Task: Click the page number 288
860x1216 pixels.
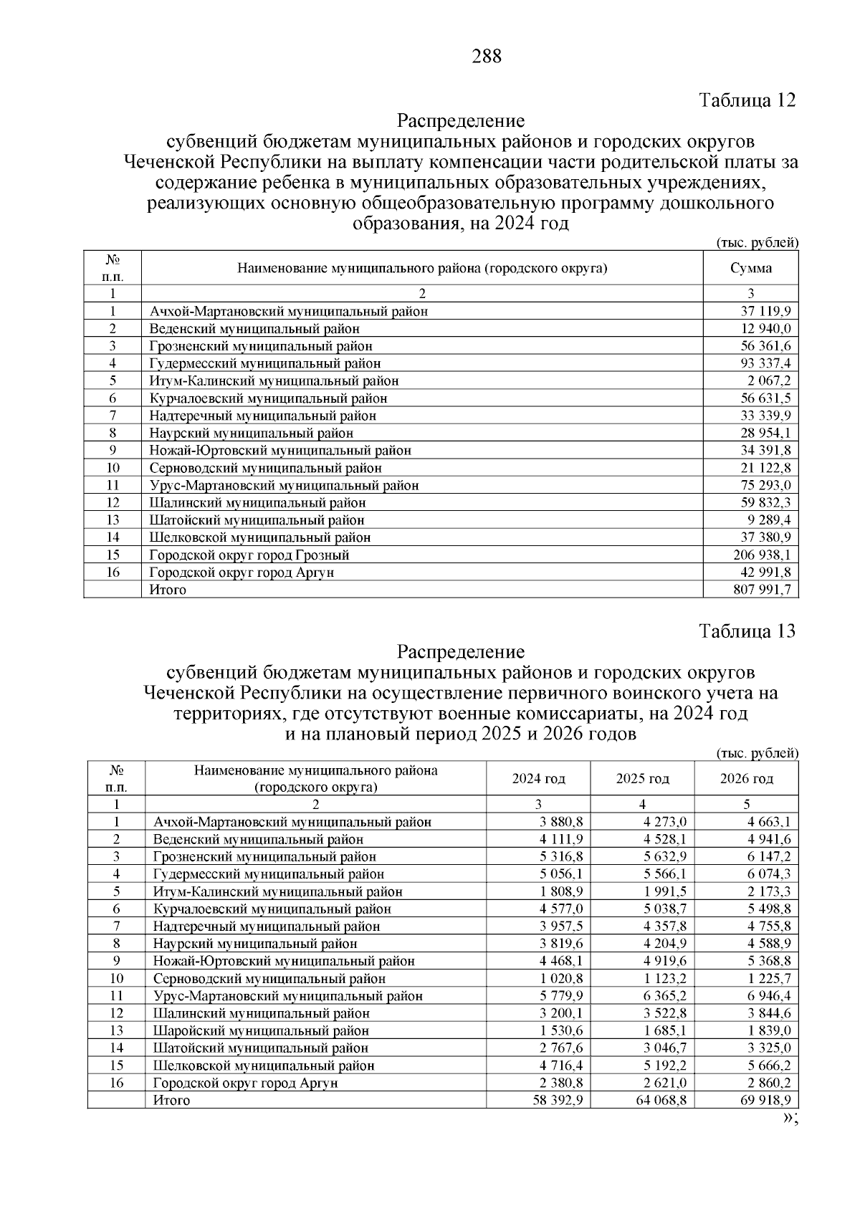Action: click(487, 57)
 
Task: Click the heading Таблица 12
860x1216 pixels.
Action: click(747, 100)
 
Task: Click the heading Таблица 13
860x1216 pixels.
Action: click(747, 631)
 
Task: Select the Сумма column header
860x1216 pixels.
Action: click(750, 268)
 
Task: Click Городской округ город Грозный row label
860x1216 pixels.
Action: click(249, 555)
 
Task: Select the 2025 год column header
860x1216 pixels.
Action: click(642, 779)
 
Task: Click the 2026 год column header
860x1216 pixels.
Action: click(746, 779)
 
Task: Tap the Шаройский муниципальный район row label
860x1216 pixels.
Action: click(261, 1030)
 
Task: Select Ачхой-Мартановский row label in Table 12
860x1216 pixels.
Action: click(289, 311)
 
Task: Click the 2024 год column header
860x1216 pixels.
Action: click(538, 779)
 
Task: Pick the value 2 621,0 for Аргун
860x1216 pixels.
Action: click(665, 1083)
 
